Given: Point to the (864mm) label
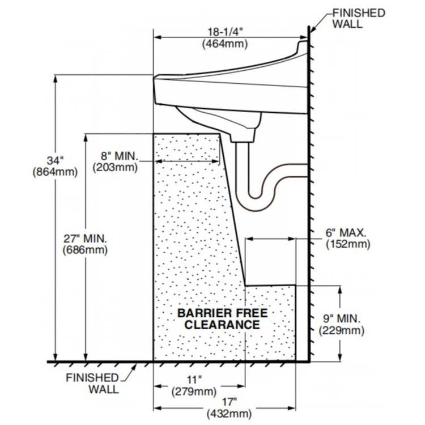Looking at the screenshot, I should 55,171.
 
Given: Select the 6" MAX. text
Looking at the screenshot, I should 346,233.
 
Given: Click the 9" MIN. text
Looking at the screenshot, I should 342,318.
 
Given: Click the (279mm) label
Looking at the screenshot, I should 194,392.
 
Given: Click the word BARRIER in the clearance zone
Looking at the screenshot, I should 202,313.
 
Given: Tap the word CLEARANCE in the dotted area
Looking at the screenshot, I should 223,325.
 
